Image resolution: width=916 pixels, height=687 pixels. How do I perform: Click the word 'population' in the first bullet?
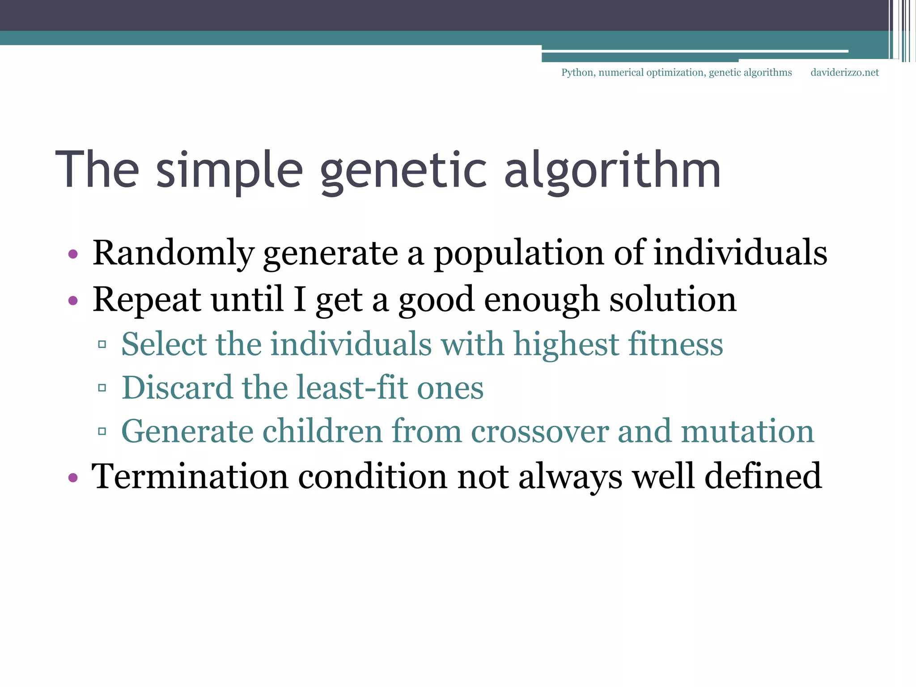coord(519,254)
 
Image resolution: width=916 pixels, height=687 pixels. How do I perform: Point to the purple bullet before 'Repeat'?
coord(73,300)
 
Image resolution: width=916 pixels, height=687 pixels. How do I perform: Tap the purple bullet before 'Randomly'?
coord(73,254)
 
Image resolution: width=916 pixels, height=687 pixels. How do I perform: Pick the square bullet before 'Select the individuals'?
coord(102,344)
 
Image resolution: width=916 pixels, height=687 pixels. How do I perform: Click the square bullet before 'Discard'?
coord(102,388)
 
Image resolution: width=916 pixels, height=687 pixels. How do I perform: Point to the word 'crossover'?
coord(540,432)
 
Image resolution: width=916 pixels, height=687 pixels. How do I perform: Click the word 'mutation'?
coord(747,432)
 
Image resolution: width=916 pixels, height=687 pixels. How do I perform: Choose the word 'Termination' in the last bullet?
coord(190,477)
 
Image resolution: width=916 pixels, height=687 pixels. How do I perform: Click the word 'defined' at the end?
coord(763,477)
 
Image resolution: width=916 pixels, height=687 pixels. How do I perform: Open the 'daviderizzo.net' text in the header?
coord(844,72)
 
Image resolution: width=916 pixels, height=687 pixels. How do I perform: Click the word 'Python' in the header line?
coord(577,72)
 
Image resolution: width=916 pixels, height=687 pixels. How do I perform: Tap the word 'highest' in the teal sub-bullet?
coord(566,344)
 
